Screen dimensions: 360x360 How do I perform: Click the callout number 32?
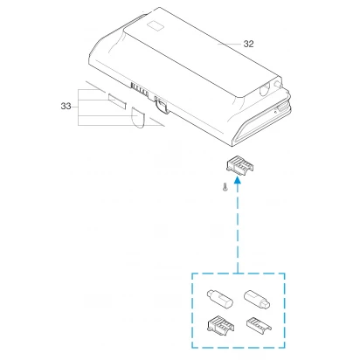click(x=248, y=44)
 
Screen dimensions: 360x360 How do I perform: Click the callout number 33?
click(x=66, y=106)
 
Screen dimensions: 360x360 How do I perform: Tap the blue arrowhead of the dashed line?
click(x=238, y=181)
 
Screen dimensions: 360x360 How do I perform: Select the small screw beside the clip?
click(x=225, y=186)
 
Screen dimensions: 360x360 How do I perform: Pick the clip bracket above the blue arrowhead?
click(x=239, y=165)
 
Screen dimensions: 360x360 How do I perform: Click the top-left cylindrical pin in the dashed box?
click(x=219, y=298)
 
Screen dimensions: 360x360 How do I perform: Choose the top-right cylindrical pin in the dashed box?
click(x=257, y=299)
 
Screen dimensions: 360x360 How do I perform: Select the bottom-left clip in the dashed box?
click(x=220, y=325)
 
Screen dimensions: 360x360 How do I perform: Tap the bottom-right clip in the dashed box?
click(x=259, y=324)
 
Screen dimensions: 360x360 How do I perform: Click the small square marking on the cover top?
click(x=156, y=25)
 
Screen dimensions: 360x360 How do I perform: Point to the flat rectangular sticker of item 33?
click(x=117, y=100)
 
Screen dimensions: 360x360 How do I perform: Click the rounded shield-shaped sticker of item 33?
click(x=137, y=117)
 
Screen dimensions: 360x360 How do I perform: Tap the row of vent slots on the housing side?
click(x=140, y=89)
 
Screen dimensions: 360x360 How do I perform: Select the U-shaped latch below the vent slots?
click(x=163, y=105)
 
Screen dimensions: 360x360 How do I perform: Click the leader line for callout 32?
click(x=230, y=45)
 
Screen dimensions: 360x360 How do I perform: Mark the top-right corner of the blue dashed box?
click(x=285, y=273)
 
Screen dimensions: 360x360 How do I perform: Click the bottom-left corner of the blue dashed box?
click(x=192, y=347)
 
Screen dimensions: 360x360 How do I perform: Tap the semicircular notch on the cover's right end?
click(x=264, y=89)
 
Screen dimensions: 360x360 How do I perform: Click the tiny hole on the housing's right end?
click(x=275, y=111)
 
